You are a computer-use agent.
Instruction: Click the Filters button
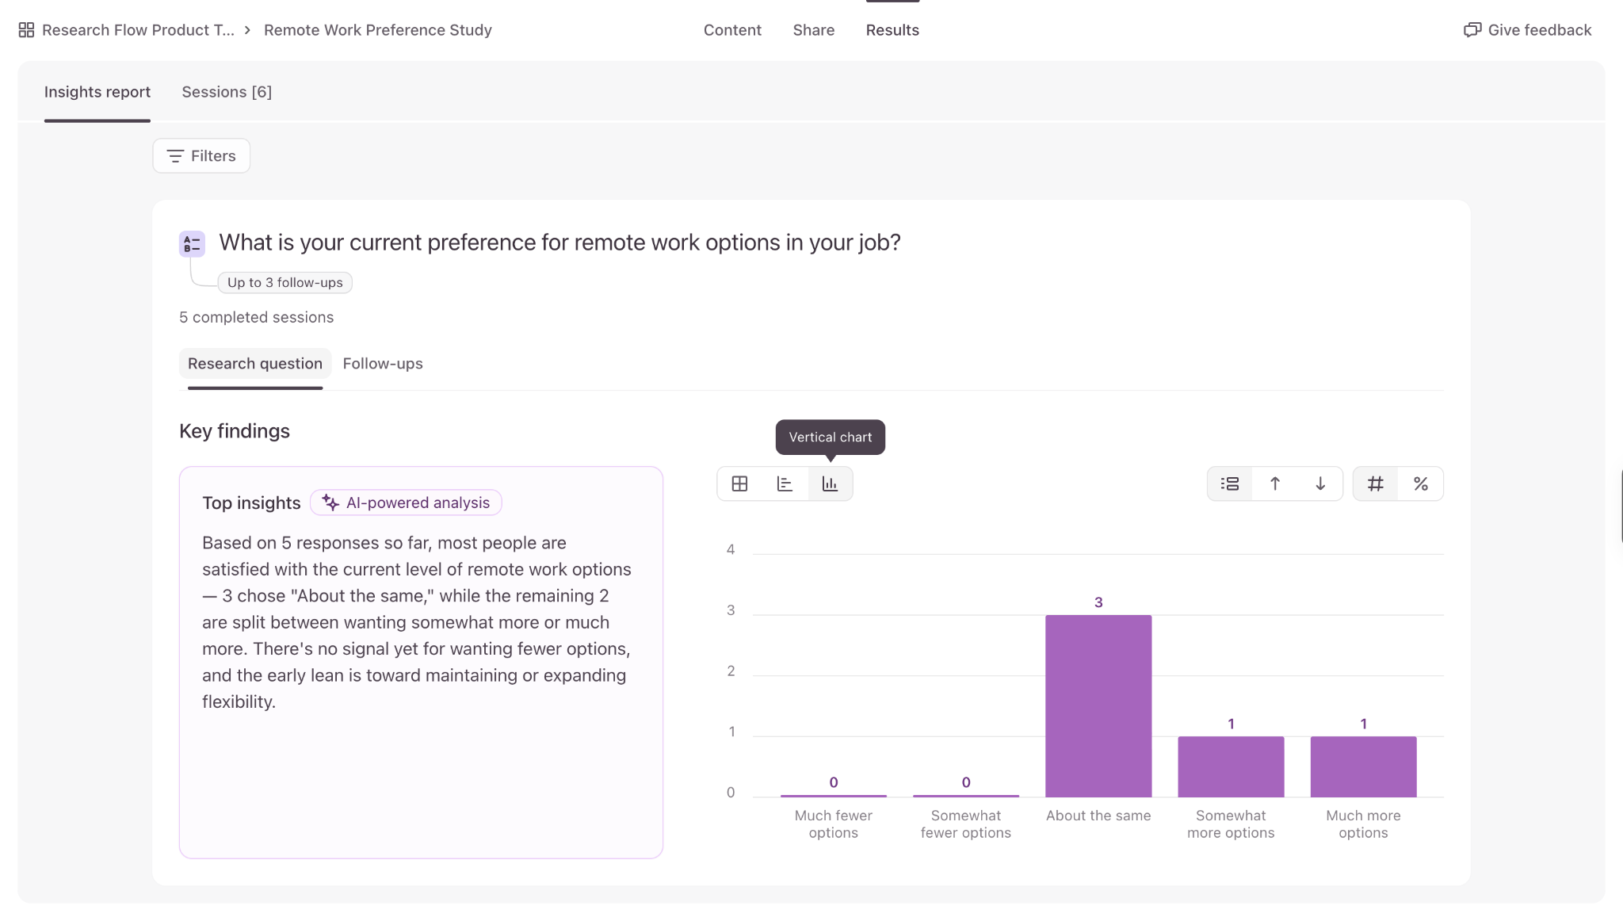[x=201, y=156]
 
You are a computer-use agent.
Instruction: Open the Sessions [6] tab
[x=227, y=92]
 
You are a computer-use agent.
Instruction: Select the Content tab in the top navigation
[x=732, y=30]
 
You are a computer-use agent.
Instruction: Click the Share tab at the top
[x=814, y=30]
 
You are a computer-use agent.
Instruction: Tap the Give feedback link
[x=1527, y=30]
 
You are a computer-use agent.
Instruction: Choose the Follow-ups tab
[x=383, y=364]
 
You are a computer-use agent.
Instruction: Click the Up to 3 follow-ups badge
[x=285, y=283]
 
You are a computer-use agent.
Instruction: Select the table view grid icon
[x=739, y=484]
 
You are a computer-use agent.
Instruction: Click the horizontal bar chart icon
[x=785, y=484]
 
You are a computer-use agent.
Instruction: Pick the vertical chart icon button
[x=830, y=484]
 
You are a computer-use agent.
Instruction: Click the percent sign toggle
[x=1421, y=484]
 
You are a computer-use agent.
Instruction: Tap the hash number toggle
[x=1376, y=484]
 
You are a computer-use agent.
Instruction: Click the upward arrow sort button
[x=1275, y=484]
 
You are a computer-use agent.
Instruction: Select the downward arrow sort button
[x=1320, y=484]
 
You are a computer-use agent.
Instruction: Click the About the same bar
[x=1098, y=706]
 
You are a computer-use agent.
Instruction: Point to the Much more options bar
[x=1363, y=766]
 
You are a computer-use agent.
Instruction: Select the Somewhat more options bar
[x=1231, y=766]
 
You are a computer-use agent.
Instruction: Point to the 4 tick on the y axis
[x=731, y=550]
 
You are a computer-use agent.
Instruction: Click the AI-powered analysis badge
[x=406, y=503]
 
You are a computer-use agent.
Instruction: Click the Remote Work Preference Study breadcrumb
[x=378, y=30]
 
